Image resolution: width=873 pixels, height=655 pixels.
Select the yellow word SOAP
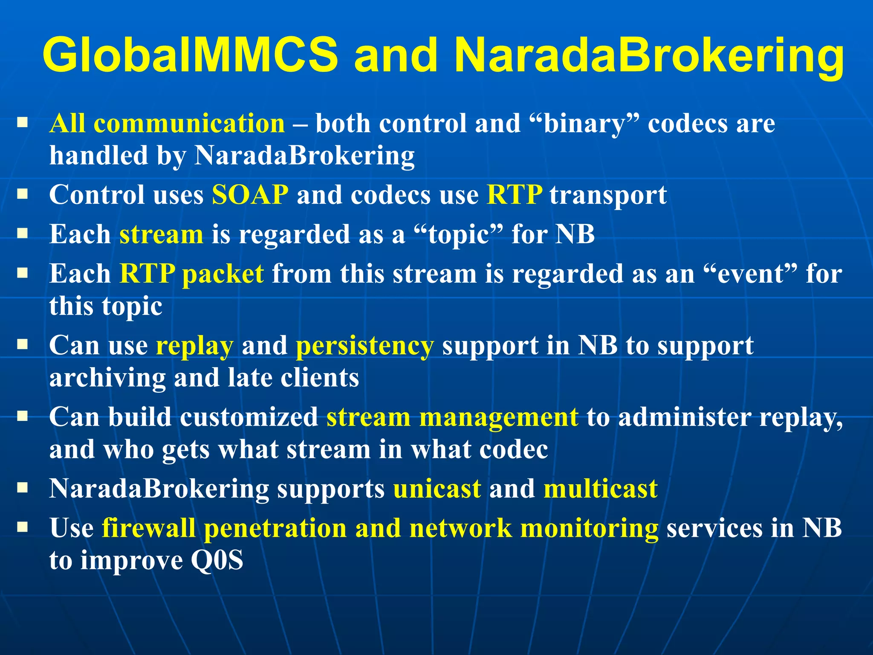pos(250,195)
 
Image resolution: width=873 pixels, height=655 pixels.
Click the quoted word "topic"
pos(458,235)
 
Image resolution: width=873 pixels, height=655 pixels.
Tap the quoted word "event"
pos(750,274)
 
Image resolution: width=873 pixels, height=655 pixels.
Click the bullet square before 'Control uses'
pos(23,195)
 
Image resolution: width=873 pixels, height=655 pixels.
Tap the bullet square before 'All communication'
pos(23,124)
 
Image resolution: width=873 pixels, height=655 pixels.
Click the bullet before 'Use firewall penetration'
pos(23,528)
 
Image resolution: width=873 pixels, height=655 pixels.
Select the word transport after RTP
pos(608,196)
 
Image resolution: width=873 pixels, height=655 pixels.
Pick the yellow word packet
pos(223,274)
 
